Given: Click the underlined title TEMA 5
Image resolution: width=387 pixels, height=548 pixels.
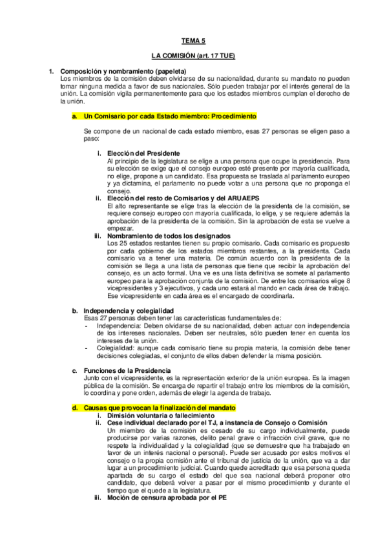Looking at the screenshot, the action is click(x=193, y=40).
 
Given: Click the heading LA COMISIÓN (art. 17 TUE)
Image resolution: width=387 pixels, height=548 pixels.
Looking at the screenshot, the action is click(x=193, y=57).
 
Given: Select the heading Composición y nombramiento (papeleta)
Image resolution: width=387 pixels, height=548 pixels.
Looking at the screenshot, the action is click(x=123, y=70).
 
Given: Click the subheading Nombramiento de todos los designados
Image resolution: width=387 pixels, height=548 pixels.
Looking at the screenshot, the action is click(x=170, y=236).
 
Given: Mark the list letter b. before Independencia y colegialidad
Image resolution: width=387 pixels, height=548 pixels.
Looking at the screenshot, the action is click(x=74, y=310).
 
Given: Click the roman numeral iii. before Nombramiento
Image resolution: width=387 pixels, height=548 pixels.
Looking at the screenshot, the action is click(x=98, y=236).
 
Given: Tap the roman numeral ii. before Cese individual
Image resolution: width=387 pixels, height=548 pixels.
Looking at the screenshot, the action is click(x=98, y=423).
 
